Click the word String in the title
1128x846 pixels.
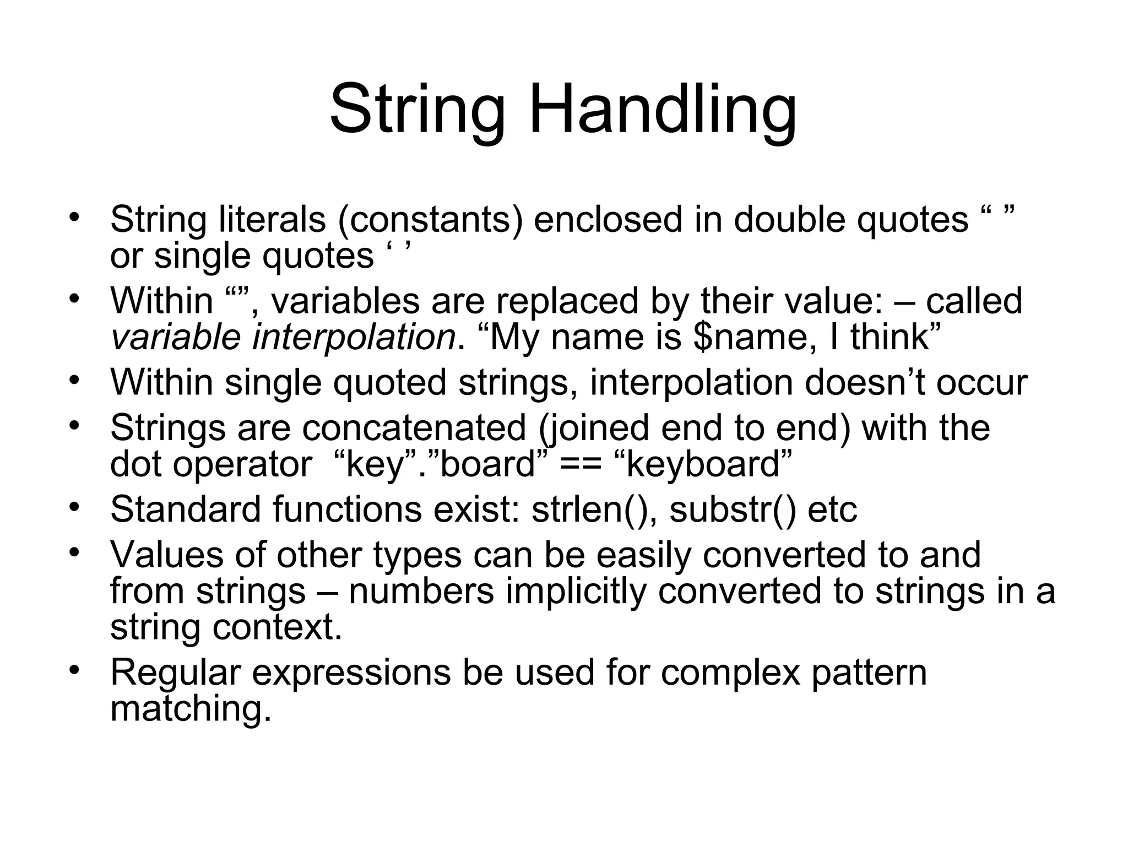417,109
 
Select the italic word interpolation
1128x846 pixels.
353,337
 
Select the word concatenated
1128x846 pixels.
414,428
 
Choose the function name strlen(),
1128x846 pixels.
594,509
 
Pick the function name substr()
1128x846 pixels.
733,509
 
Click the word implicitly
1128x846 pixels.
575,591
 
